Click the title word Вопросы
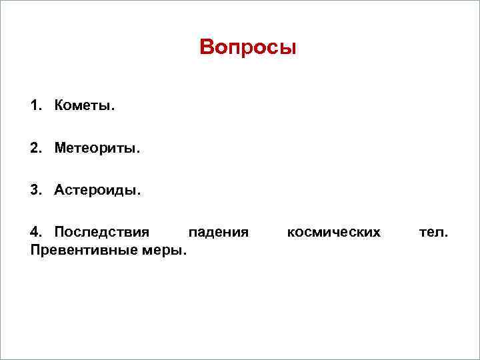tap(247, 48)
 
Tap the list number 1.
tap(34, 106)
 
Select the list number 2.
tap(34, 148)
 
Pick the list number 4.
tap(34, 232)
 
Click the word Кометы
tap(84, 106)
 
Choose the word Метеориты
tap(97, 148)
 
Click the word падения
tap(219, 232)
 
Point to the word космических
tap(333, 232)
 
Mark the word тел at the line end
tap(432, 232)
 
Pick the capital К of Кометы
tap(59, 106)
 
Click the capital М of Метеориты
tap(60, 148)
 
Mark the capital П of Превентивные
tap(35, 250)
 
